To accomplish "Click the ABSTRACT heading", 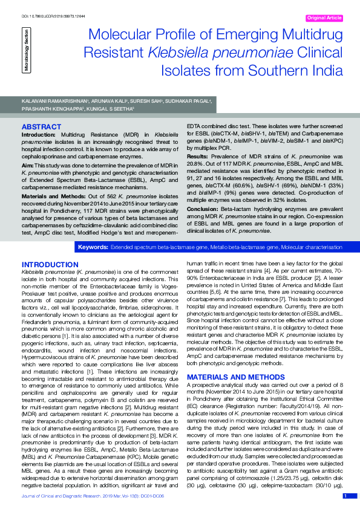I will point(41,126).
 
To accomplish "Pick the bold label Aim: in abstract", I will point(28,164).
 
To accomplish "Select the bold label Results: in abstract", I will point(199,156).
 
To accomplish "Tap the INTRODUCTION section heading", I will point(50,265).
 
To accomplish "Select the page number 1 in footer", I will point(345,496).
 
